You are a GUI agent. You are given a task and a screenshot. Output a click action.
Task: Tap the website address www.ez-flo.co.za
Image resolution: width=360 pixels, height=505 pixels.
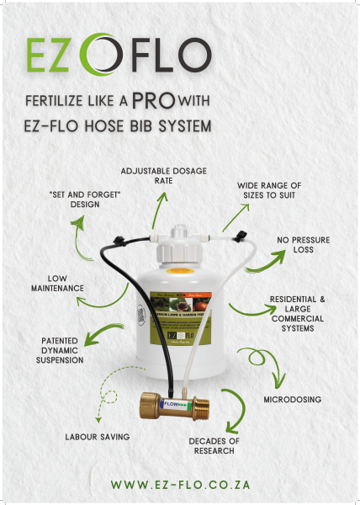point(180,486)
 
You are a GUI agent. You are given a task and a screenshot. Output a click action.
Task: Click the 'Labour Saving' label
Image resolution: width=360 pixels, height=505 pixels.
point(98,437)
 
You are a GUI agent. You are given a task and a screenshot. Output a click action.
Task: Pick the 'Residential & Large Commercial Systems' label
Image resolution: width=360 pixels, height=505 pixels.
point(297,315)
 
